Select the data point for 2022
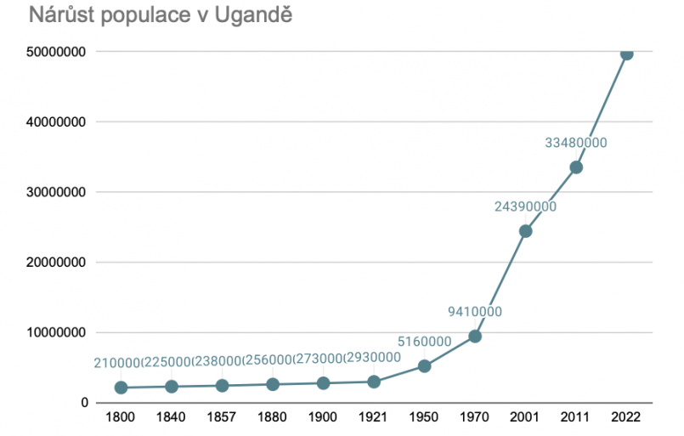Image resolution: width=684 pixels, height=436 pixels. click(x=626, y=53)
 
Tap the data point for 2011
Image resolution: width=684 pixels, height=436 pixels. click(x=576, y=167)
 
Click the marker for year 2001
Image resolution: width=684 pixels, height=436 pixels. click(x=525, y=231)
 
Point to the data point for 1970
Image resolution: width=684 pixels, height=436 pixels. click(x=475, y=337)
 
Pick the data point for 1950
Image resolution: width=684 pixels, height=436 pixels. click(x=424, y=366)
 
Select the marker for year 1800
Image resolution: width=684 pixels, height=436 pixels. click(x=121, y=388)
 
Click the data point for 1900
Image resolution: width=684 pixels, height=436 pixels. click(x=323, y=383)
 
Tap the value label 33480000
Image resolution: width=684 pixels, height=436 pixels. click(x=576, y=143)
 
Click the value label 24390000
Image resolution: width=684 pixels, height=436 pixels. click(x=525, y=207)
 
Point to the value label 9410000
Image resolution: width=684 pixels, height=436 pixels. click(x=475, y=312)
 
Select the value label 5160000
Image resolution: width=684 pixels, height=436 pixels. click(x=424, y=342)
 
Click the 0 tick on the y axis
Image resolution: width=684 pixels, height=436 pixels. click(x=85, y=403)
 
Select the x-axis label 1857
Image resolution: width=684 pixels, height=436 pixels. click(x=222, y=418)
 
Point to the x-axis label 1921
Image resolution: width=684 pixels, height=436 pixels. click(x=374, y=418)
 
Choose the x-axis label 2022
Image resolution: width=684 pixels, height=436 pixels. click(x=626, y=418)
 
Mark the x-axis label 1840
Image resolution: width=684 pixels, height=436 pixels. click(x=171, y=418)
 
